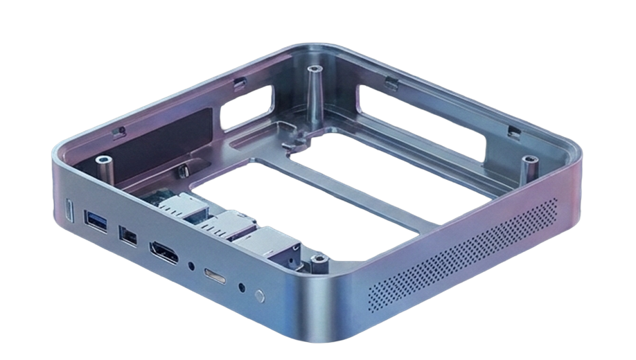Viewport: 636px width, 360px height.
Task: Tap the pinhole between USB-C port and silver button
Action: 240,286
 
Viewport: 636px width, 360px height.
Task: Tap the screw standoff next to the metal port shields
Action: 318,260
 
